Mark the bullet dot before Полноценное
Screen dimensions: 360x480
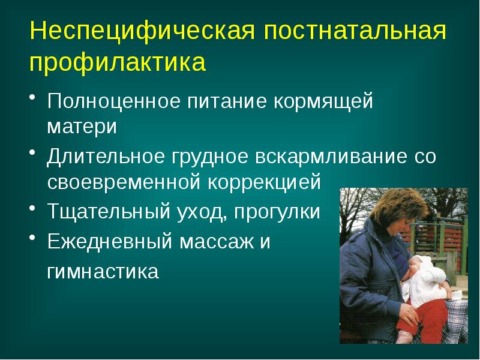click(34, 100)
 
